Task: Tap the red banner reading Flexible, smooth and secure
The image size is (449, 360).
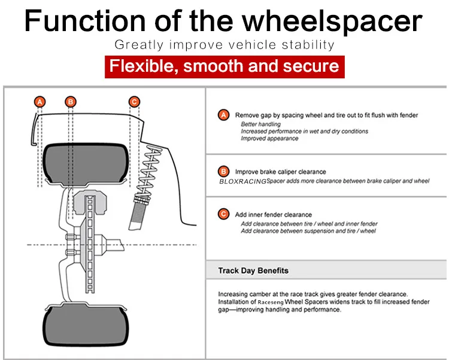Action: [224, 65]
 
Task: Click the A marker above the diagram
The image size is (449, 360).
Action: [40, 101]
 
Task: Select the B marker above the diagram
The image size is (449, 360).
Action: [71, 101]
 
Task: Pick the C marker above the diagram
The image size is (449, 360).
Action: [135, 101]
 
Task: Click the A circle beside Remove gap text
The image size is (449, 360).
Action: [224, 115]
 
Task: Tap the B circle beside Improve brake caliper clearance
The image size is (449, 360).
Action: [224, 172]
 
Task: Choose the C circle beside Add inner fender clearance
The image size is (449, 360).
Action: [224, 214]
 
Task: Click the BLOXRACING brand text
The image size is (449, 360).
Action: [242, 181]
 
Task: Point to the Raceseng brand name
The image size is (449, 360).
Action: [267, 302]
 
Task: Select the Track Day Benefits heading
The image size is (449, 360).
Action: [253, 270]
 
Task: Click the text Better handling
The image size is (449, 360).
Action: [260, 124]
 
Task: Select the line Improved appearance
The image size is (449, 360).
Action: [269, 139]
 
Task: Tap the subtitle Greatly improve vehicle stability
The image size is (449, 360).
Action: [224, 45]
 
